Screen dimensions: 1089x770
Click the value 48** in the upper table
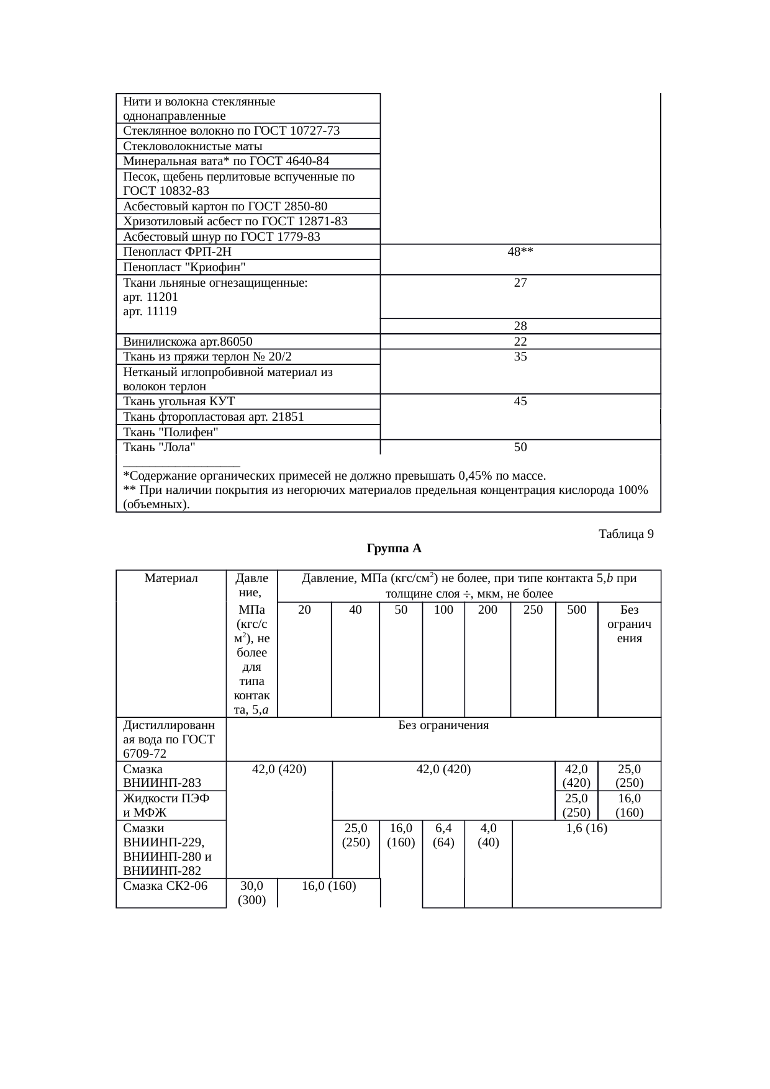pyautogui.click(x=520, y=252)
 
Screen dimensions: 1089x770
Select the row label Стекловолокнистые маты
pyautogui.click(x=192, y=146)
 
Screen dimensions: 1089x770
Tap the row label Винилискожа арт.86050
pyautogui.click(x=188, y=341)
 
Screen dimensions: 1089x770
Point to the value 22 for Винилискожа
pyautogui.click(x=520, y=341)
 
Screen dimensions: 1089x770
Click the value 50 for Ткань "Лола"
pyautogui.click(x=520, y=447)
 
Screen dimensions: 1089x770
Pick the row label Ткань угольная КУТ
pyautogui.click(x=179, y=401)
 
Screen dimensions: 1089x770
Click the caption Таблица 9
pyautogui.click(x=625, y=534)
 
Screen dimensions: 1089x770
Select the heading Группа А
pyautogui.click(x=394, y=549)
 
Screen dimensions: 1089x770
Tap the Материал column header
pyautogui.click(x=171, y=578)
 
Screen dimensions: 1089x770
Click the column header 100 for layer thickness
pyautogui.click(x=443, y=609)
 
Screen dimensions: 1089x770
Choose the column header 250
pyautogui.click(x=533, y=609)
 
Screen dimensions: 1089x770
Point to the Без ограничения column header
pyautogui.click(x=629, y=624)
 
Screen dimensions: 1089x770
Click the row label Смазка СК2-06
pyautogui.click(x=165, y=885)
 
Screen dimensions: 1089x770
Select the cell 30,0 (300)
pyautogui.click(x=251, y=892)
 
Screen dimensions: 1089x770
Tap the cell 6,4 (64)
pyautogui.click(x=443, y=835)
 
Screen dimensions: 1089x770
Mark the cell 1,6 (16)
pyautogui.click(x=586, y=828)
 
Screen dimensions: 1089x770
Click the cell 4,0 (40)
pyautogui.click(x=488, y=835)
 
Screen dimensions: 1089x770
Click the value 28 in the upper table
pyautogui.click(x=520, y=326)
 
